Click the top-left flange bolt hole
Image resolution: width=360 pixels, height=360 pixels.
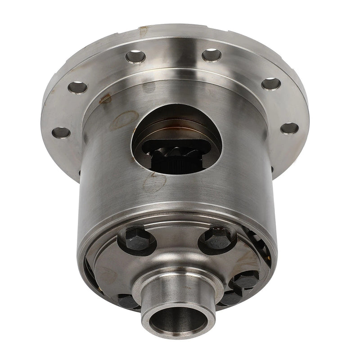pos(135,56)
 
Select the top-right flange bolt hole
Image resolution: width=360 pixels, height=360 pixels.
pos(211,55)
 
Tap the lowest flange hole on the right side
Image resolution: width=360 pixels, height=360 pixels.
pos(289,128)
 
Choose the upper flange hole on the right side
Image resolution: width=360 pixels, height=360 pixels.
pos(271,84)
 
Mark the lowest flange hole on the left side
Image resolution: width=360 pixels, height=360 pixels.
pos(61,132)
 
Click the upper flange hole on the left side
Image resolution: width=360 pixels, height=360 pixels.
pos(77,87)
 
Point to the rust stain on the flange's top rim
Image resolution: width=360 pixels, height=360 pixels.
pos(143,31)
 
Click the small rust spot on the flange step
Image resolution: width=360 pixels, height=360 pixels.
pos(106,98)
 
